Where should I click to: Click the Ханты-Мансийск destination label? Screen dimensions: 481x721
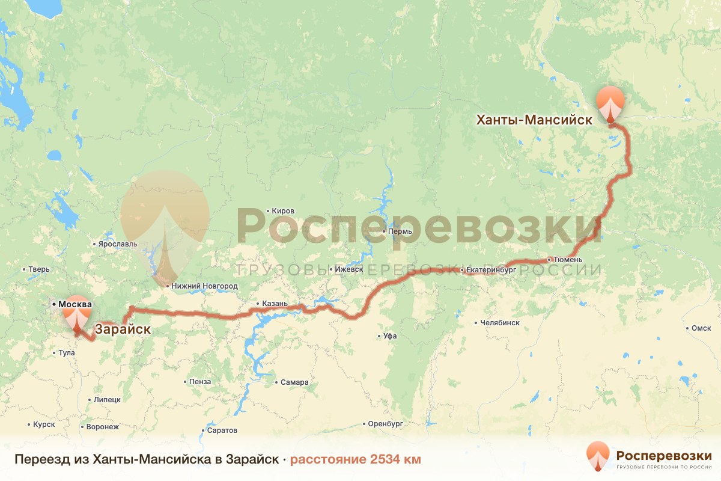tap(534, 120)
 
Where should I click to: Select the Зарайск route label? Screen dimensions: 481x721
tap(123, 329)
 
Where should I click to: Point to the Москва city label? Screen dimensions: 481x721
tap(75, 304)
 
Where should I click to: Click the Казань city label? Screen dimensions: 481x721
tap(275, 304)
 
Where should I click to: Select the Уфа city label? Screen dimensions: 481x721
tap(389, 336)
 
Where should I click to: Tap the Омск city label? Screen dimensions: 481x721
tap(701, 328)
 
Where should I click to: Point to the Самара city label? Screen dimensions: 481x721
tap(294, 382)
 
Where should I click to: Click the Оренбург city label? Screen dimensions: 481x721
tap(385, 424)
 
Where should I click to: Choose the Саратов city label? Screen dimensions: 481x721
tap(222, 430)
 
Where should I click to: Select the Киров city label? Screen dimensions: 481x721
tap(283, 211)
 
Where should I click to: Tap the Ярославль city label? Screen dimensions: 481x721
tap(117, 244)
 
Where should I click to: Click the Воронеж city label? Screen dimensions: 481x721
tap(103, 427)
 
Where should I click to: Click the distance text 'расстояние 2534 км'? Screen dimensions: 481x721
tap(355, 459)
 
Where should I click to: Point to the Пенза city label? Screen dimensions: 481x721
tap(199, 381)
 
